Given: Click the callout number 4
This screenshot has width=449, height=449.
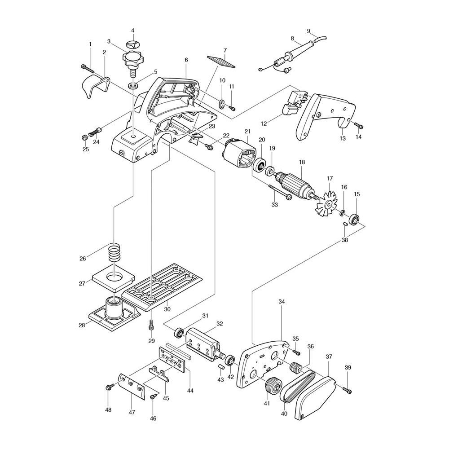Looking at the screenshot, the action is pos(132,31).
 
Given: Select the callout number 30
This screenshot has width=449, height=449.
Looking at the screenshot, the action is pos(167,309).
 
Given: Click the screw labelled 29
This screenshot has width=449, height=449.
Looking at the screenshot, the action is pos(151,325).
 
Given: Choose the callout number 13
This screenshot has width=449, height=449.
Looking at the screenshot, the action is pos(343,138).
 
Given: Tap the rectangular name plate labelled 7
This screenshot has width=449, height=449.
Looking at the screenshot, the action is pos(221,62).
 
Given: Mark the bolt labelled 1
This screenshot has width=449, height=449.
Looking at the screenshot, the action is pos(88,69).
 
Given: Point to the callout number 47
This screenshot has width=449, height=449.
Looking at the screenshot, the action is pos(132,412).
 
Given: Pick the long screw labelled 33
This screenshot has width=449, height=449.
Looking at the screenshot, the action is pos(280,191).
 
